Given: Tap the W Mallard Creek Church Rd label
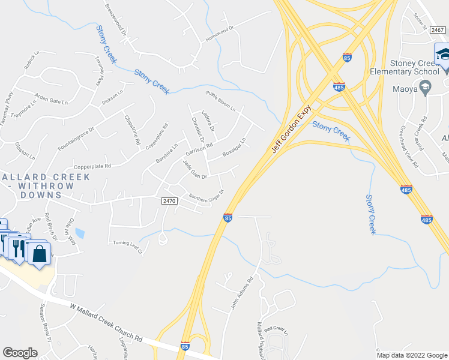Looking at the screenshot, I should (106, 323).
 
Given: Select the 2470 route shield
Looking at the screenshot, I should (170, 202).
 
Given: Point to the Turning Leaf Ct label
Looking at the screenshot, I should (128, 247).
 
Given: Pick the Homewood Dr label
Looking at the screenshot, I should (218, 31).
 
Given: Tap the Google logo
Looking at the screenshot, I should (20, 353).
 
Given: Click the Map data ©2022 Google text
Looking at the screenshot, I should (411, 355).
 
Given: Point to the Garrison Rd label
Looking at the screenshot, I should (199, 147).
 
